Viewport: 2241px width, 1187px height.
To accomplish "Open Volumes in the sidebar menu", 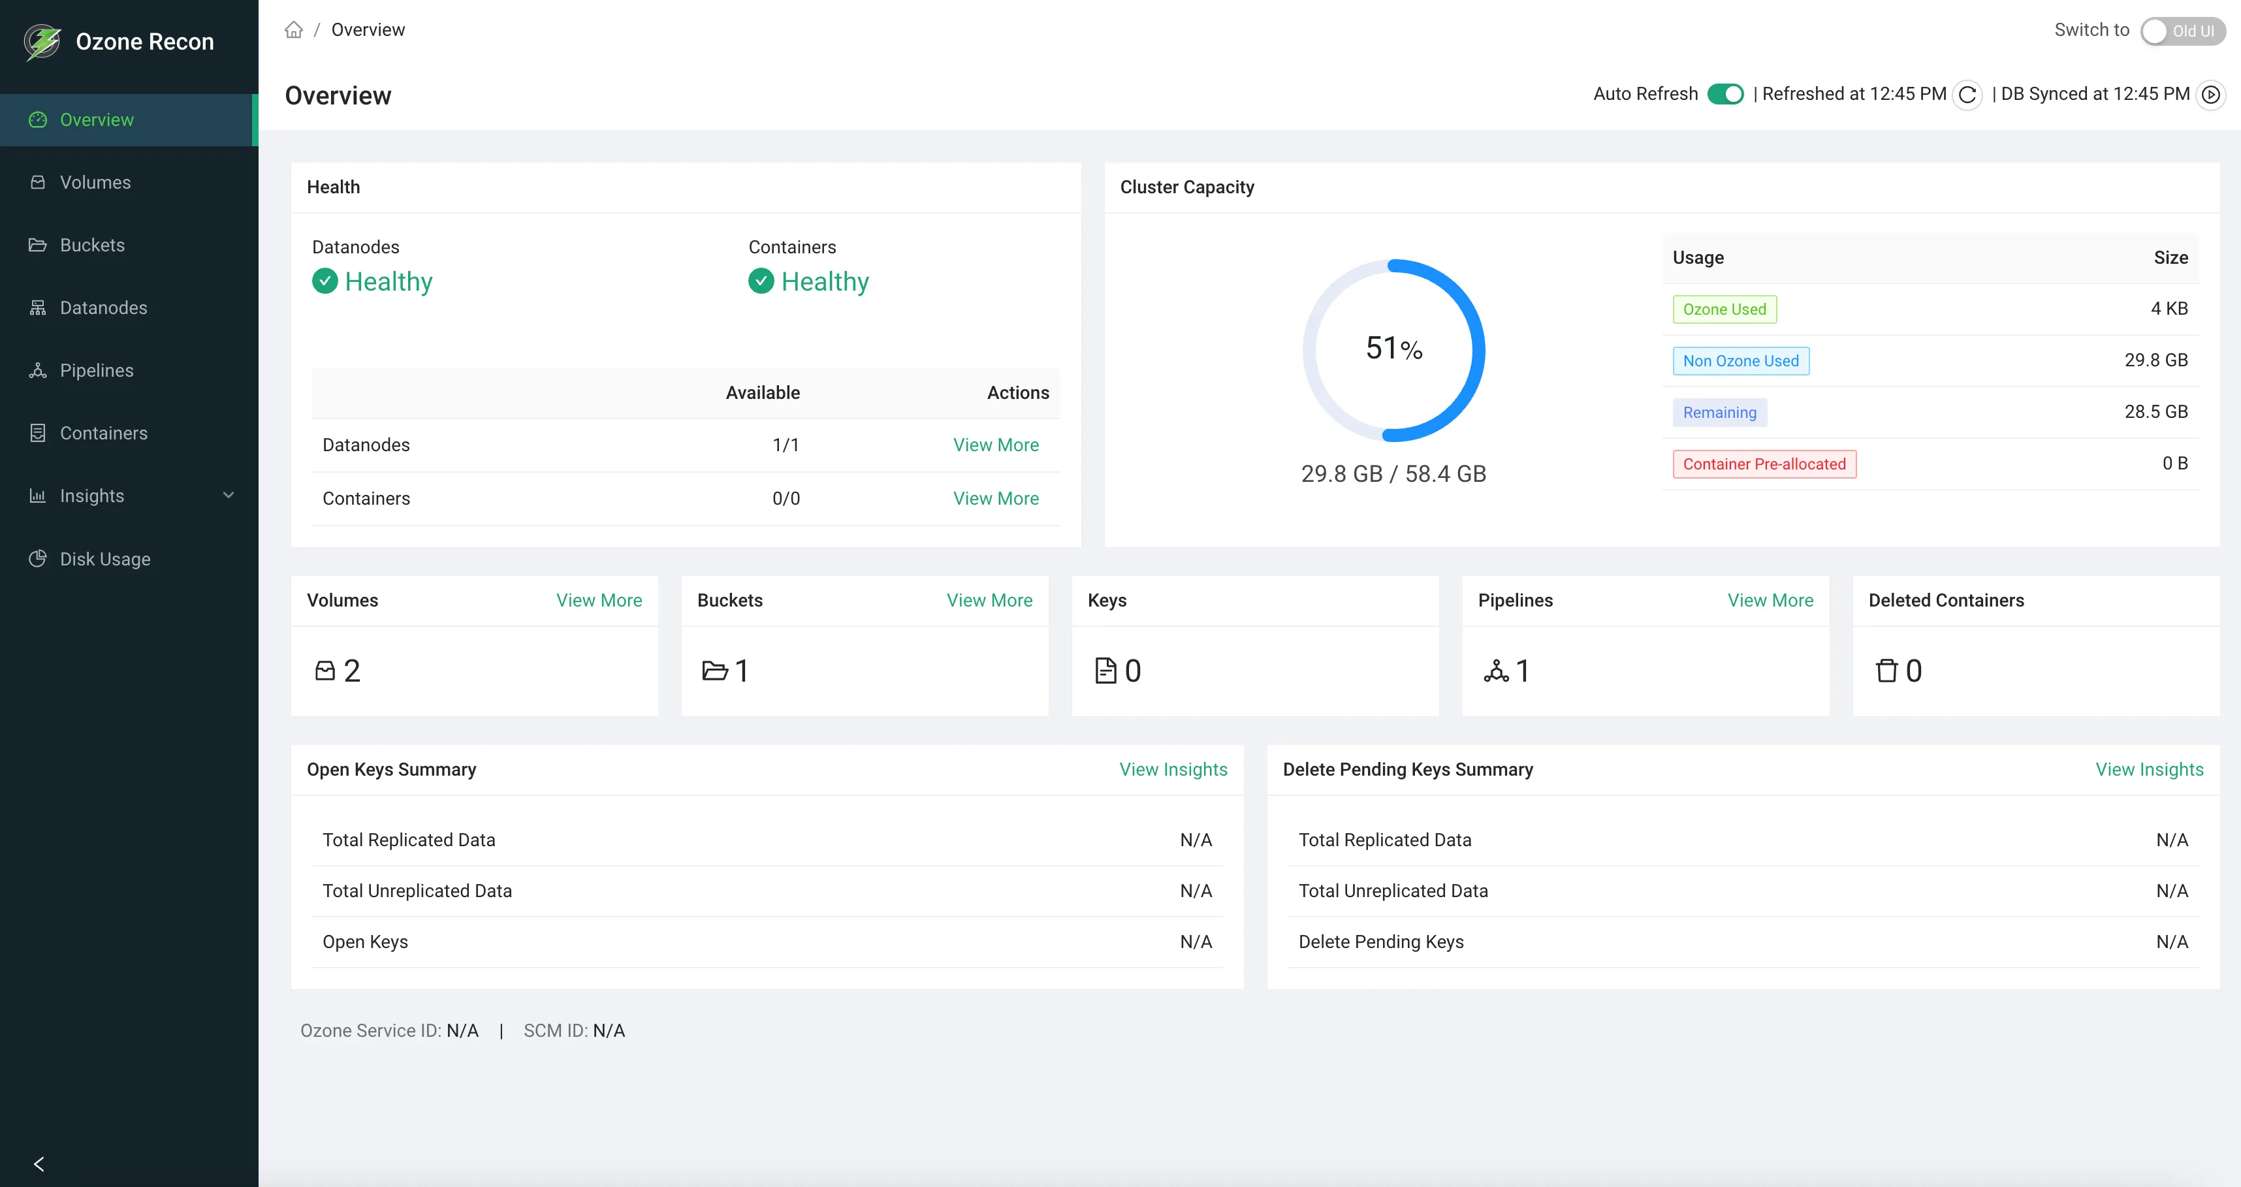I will (95, 183).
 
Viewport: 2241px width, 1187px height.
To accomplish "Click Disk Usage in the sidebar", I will (104, 559).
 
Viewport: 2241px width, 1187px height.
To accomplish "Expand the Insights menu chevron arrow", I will (229, 496).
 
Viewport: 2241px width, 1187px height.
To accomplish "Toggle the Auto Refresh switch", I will (1724, 94).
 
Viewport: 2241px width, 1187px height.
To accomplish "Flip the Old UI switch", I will (2181, 31).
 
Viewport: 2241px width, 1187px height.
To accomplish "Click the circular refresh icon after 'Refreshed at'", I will (1967, 95).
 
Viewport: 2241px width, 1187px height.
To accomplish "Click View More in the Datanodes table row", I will (995, 445).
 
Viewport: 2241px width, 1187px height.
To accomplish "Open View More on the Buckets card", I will (989, 601).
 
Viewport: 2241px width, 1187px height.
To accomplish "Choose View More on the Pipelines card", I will (1770, 601).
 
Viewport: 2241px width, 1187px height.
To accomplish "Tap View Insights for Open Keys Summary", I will (1173, 770).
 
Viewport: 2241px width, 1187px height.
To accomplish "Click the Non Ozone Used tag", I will (1740, 361).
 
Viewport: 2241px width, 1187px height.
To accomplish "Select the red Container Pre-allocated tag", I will (1764, 464).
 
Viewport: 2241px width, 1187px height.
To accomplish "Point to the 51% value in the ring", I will (1393, 349).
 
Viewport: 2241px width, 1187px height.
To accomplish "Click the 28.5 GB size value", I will (2155, 412).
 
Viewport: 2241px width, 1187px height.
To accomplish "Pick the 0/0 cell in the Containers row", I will (786, 499).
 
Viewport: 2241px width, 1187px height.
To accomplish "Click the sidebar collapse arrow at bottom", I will (39, 1163).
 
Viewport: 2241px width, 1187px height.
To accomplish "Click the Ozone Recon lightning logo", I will (42, 42).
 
